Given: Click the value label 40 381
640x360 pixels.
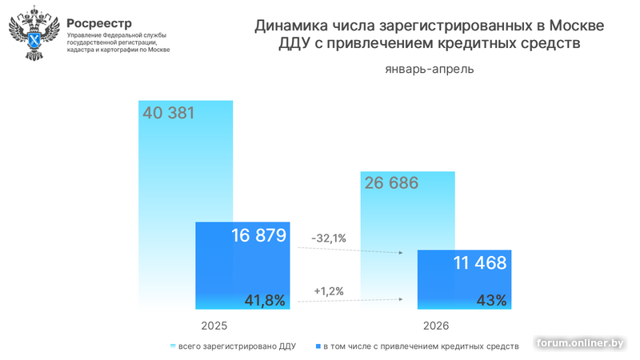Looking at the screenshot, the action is tap(168, 113).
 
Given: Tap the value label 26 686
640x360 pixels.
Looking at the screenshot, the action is tap(391, 183).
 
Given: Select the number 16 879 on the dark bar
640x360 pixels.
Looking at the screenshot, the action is tap(258, 235).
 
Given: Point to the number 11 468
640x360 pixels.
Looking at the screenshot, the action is tap(480, 263).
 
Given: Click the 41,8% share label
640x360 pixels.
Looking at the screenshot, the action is tap(265, 301).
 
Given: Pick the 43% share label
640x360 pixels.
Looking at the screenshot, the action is tap(491, 301).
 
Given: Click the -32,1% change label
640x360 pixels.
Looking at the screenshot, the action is tap(329, 238).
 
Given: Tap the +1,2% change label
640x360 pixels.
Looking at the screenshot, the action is tap(329, 291).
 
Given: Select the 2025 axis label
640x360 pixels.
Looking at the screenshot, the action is tap(214, 326).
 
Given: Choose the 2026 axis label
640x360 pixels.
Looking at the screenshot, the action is tap(436, 326).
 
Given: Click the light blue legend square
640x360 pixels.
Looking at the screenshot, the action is tap(173, 346).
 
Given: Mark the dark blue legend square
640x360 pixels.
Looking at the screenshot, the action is tap(318, 346).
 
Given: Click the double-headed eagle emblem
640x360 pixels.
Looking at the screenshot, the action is tap(34, 34).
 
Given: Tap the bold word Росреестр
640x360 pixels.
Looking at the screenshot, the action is tap(99, 23).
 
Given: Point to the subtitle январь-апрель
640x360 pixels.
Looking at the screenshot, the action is tap(430, 69).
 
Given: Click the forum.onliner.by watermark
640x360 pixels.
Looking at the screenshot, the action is tap(580, 343).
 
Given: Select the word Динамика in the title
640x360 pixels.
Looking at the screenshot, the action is tap(291, 26).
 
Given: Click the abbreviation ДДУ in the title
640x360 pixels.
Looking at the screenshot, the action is tap(294, 43).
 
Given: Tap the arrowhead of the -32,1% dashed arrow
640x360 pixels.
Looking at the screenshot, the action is tap(401, 253).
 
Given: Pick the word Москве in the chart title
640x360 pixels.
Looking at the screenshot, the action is tap(577, 26).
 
